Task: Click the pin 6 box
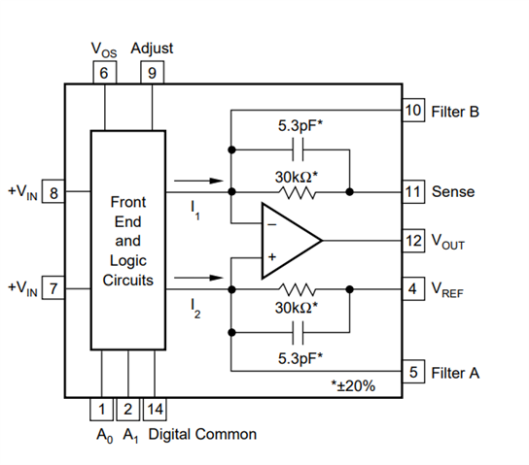(x=105, y=72)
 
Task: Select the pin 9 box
(x=152, y=72)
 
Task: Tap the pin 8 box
(x=53, y=191)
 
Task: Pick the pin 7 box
(x=53, y=287)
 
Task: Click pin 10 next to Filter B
(x=413, y=110)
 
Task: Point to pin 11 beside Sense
(x=413, y=191)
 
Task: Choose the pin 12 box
(x=413, y=241)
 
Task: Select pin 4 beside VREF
(x=413, y=288)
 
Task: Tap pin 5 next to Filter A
(x=413, y=372)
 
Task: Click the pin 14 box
(x=155, y=409)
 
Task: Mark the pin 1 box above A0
(x=101, y=409)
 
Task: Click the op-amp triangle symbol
(x=292, y=241)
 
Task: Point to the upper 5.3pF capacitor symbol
(x=298, y=149)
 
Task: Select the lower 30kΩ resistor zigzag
(x=298, y=289)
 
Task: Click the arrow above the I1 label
(x=198, y=181)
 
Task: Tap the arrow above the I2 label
(x=198, y=278)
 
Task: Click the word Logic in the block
(x=128, y=261)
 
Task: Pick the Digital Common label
(x=202, y=434)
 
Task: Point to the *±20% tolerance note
(x=353, y=385)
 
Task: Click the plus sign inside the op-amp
(x=272, y=257)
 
